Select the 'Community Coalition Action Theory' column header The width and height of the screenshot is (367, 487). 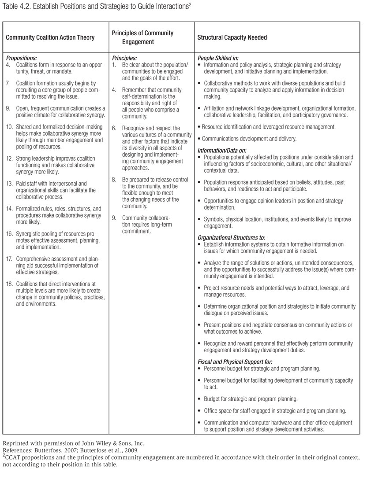point(50,37)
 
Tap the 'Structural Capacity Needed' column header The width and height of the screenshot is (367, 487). point(232,37)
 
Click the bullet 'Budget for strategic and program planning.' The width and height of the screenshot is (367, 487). point(251,399)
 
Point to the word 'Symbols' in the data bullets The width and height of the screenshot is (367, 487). point(214,219)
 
